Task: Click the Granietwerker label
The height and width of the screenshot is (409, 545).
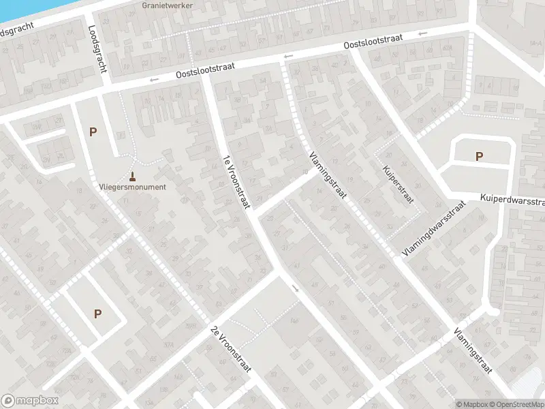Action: pos(167,5)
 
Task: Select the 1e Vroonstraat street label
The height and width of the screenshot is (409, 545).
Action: pos(237,183)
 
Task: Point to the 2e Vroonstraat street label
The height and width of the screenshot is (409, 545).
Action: pos(231,348)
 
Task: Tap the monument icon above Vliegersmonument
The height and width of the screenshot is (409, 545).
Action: pos(132,175)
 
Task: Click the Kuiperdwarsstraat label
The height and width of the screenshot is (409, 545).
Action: pos(512,198)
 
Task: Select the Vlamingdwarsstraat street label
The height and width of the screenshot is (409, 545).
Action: pos(433,228)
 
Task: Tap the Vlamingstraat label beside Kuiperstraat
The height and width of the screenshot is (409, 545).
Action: pos(328,175)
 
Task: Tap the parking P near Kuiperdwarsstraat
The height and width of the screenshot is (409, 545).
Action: pos(480,156)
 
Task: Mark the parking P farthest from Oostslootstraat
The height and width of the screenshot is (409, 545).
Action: pos(97,314)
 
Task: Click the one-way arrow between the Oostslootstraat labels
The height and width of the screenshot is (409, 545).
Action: pos(288,56)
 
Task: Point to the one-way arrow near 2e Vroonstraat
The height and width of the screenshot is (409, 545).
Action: pos(295,288)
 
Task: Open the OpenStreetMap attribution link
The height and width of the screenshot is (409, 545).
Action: pos(516,404)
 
